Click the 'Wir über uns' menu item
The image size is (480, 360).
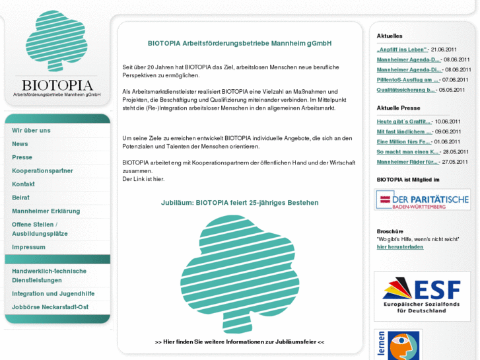pos(31,130)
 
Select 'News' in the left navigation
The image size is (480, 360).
pos(20,143)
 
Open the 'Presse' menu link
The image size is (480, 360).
pos(22,157)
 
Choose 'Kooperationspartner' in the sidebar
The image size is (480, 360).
pos(42,170)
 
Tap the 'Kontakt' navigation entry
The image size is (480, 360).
pos(23,184)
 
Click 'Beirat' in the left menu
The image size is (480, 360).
pos(20,197)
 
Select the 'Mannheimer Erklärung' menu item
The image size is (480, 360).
pos(46,211)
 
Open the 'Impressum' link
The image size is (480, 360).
pos(28,247)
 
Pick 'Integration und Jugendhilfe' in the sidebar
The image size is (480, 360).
pos(53,293)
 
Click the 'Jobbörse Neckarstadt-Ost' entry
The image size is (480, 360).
pos(50,306)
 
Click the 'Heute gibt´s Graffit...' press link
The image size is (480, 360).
pos(404,122)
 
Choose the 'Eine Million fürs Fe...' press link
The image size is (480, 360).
pos(404,141)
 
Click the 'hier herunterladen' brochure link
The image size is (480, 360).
pos(400,246)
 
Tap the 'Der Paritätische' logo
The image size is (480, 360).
pos(423,199)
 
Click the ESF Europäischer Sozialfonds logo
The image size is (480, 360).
pos(422,296)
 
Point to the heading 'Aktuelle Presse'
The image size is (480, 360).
pos(398,108)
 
